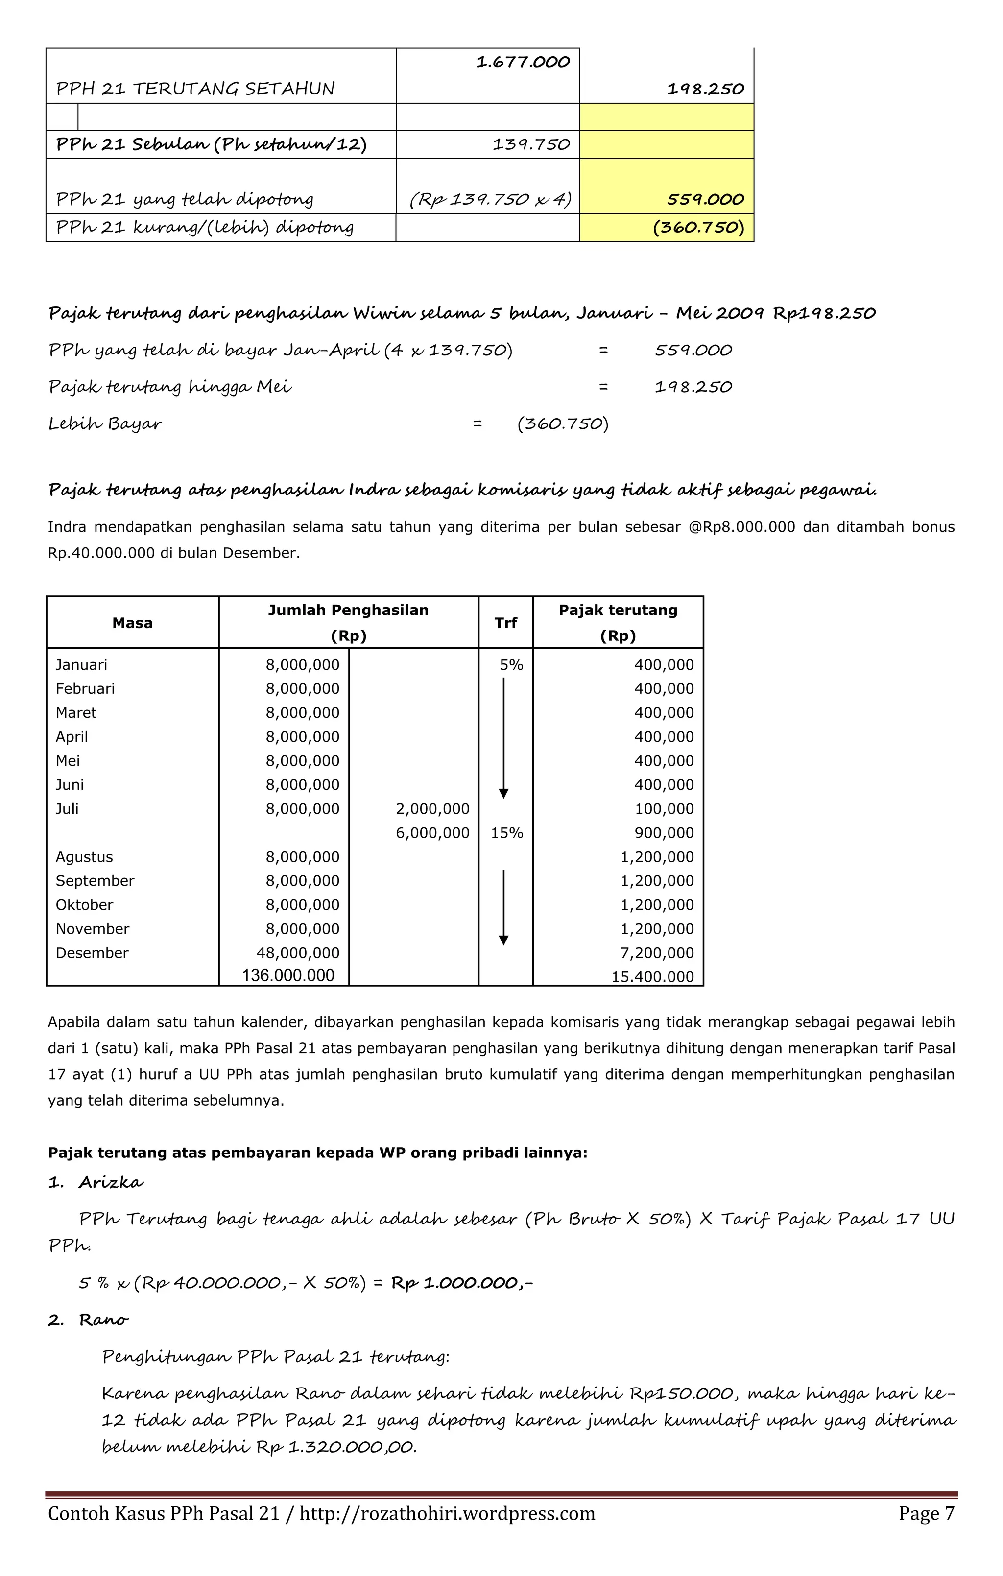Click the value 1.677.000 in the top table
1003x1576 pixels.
523,62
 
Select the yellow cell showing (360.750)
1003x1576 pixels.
698,227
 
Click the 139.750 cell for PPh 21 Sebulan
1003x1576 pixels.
531,144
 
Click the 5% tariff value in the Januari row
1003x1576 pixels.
511,665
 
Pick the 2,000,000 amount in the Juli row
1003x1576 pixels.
432,809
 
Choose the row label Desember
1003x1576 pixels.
92,953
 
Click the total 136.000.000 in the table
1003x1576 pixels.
288,975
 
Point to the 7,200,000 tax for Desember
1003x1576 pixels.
657,953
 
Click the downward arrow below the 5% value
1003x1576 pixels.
503,736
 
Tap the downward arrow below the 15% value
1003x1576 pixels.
503,906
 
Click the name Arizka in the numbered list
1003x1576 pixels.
111,1182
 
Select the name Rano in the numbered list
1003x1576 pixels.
103,1319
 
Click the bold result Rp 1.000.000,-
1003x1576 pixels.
461,1282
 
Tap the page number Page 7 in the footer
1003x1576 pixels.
926,1514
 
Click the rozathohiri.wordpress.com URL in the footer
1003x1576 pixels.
447,1514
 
